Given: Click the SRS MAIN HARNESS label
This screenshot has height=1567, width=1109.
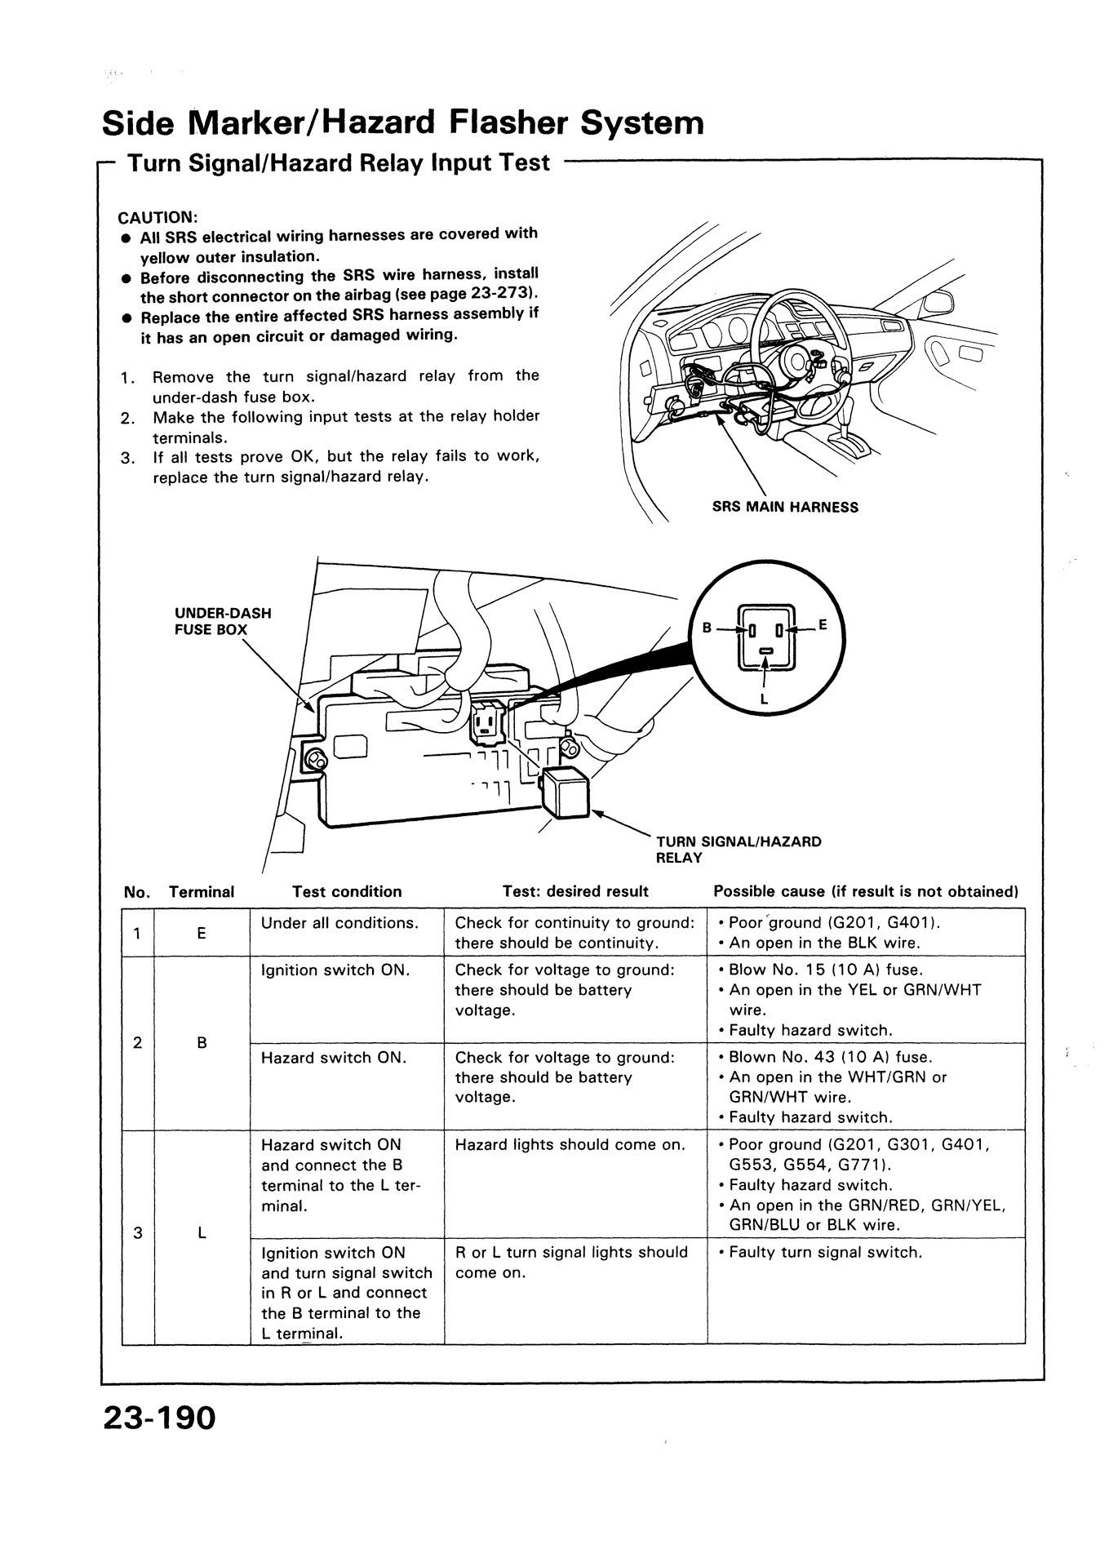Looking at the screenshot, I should (x=785, y=507).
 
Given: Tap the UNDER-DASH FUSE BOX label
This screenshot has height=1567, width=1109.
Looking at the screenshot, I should (x=223, y=621).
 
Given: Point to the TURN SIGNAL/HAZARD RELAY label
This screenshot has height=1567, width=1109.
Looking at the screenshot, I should (x=739, y=849).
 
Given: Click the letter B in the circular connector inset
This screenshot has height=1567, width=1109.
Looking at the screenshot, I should (x=708, y=628).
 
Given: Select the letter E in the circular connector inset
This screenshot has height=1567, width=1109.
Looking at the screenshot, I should (x=823, y=625).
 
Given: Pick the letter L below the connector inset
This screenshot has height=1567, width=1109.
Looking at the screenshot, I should (x=764, y=699).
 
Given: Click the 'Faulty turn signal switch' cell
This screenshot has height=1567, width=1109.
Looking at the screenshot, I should (x=825, y=1252).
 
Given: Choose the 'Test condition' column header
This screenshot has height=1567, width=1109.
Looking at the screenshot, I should (x=347, y=891).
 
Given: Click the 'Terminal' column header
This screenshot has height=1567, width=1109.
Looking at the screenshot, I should (x=202, y=892).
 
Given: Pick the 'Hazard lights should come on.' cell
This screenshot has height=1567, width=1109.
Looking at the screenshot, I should (x=570, y=1144).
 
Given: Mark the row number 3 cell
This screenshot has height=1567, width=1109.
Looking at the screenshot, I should (x=138, y=1232).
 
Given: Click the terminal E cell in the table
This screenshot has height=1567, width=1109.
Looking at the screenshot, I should (x=202, y=933).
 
